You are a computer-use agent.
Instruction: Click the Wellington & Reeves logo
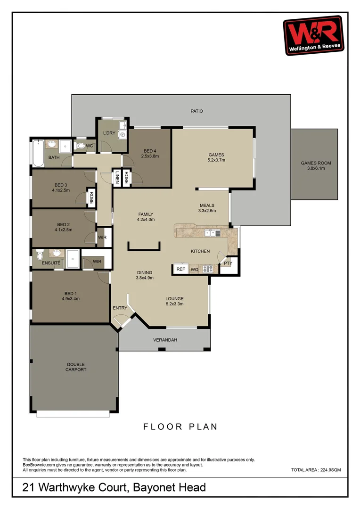tap(313, 35)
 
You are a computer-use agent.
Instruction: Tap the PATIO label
tap(196, 111)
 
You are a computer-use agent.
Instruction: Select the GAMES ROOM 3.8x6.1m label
tap(316, 165)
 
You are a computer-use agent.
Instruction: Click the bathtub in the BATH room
tap(38, 153)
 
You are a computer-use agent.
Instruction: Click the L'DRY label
tap(109, 133)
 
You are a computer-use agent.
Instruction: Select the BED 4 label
tap(151, 153)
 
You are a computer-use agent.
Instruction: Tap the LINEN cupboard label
tap(117, 177)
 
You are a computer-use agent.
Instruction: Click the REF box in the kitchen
tap(180, 269)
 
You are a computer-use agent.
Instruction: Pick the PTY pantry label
tap(228, 263)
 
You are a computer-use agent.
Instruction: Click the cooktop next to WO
tap(207, 269)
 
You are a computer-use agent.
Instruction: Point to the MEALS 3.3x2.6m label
tap(207, 208)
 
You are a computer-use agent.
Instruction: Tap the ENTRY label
tap(120, 308)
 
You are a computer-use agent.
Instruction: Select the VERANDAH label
tap(165, 340)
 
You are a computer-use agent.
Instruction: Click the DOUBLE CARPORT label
tap(76, 367)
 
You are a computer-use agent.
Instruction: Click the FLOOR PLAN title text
tap(180, 427)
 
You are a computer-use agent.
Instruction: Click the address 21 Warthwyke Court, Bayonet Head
tap(114, 487)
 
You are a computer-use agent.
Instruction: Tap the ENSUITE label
tap(51, 263)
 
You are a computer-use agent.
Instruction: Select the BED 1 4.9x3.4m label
tap(70, 296)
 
